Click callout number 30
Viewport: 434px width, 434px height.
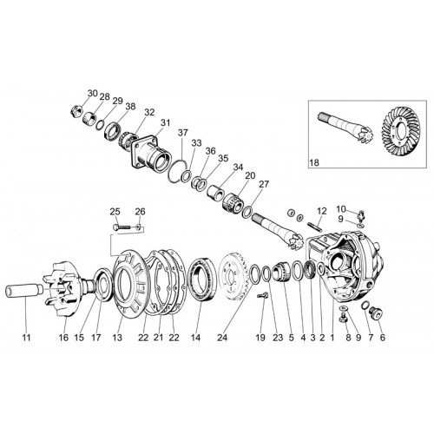93,94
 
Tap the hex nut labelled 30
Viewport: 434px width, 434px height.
77,111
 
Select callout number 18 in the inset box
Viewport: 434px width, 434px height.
314,162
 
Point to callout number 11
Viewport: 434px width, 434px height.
26,338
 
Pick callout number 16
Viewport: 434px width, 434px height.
63,338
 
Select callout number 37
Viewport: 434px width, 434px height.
183,133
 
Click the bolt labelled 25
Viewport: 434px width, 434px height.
122,227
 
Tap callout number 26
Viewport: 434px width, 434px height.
140,211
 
